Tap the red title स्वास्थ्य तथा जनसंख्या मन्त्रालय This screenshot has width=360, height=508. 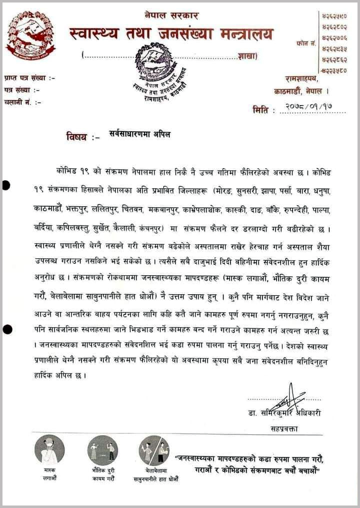[172, 35]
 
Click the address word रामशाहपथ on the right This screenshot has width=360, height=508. [305, 79]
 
